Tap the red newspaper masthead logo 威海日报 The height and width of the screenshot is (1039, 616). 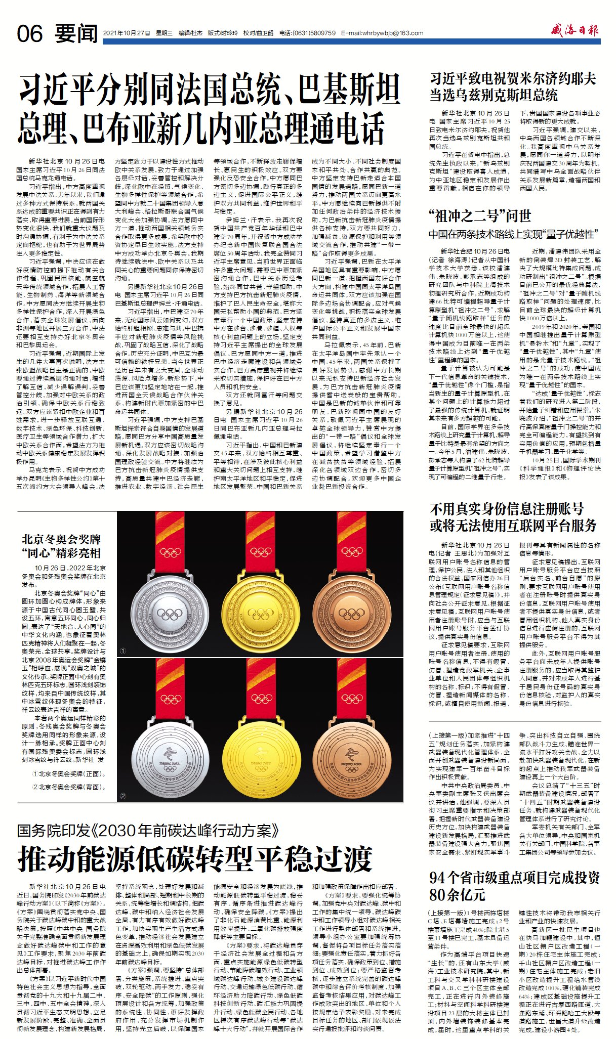tap(575, 31)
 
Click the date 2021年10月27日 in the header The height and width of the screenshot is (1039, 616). tap(127, 33)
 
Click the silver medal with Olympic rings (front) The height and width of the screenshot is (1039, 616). tap(169, 614)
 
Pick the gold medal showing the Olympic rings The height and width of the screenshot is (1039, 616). tap(261, 614)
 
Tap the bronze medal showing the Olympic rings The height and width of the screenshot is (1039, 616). tap(351, 614)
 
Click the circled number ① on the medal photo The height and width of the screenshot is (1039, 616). tap(123, 651)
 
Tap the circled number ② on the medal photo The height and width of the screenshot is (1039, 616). tap(123, 796)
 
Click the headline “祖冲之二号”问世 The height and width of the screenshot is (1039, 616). tap(480, 217)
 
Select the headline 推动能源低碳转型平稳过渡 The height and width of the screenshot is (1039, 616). tap(195, 858)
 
